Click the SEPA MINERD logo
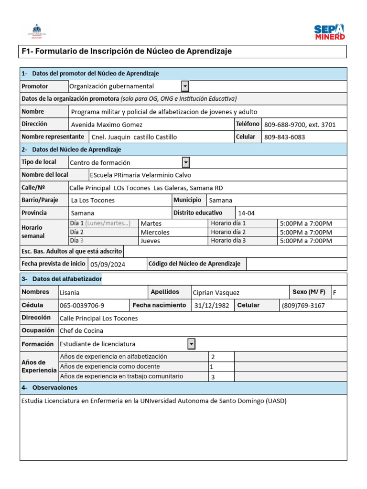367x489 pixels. click(329, 32)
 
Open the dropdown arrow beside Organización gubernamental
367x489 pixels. click(185, 86)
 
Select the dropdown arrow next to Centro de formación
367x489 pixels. click(186, 162)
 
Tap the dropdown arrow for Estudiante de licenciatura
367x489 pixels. click(191, 344)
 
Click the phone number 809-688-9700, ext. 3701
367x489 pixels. click(300, 125)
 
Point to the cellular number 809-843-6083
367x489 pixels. click(284, 137)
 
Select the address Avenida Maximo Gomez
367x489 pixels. click(107, 125)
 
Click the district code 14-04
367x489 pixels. click(247, 213)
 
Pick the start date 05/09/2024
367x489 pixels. click(108, 264)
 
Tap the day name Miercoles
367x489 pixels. click(155, 232)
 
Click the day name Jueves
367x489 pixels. click(150, 241)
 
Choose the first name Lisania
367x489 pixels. click(70, 292)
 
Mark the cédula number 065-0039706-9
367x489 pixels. click(82, 305)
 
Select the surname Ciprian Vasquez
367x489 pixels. click(216, 292)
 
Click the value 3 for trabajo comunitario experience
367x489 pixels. click(213, 377)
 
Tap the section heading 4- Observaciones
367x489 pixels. click(49, 388)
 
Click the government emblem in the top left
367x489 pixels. click(37, 31)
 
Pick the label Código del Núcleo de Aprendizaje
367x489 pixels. click(194, 264)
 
